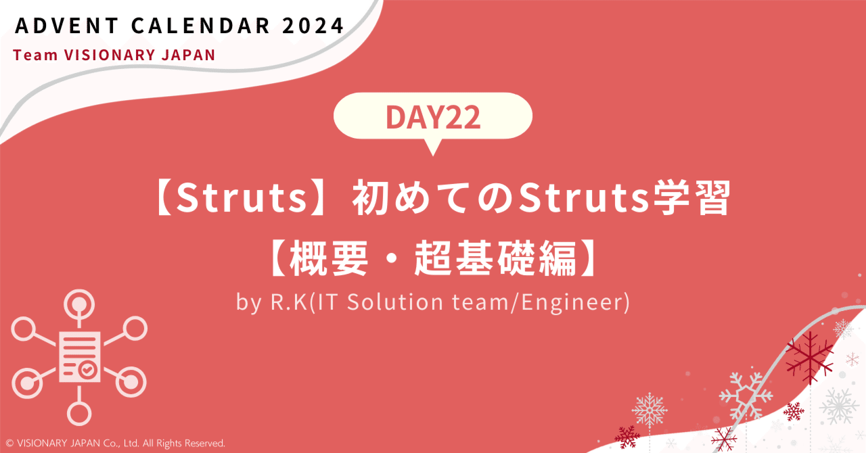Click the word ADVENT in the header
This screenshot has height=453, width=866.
[x=60, y=26]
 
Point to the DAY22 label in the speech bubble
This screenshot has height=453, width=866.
[x=433, y=118]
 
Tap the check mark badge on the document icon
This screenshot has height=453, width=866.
[x=86, y=370]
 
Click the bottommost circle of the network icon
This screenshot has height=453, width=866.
[x=79, y=410]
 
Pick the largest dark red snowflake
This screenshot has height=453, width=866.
[x=809, y=356]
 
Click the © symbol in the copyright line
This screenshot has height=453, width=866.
[x=9, y=444]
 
